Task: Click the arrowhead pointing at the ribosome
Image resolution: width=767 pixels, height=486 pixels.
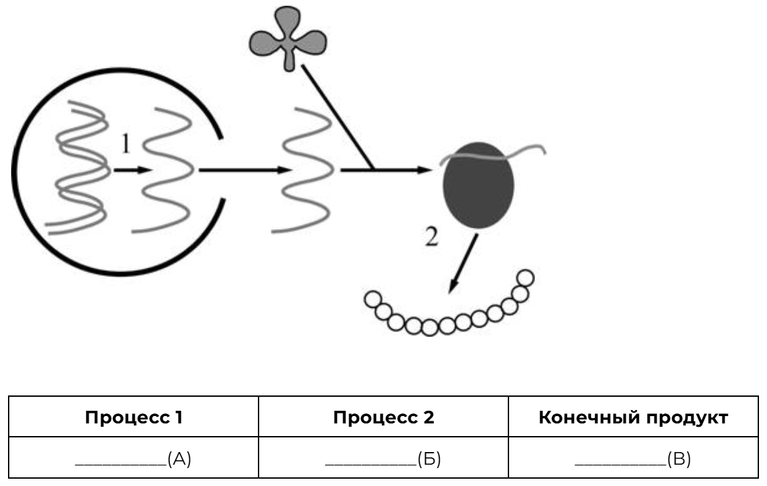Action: click(425, 170)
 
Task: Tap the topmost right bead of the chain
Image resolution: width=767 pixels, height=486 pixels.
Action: click(526, 277)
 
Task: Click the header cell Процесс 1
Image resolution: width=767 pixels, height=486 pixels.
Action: click(133, 417)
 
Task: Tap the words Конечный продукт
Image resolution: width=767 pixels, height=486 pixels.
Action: click(633, 417)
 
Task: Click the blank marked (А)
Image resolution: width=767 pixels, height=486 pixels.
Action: click(133, 458)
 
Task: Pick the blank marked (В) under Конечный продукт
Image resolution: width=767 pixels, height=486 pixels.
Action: click(633, 458)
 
